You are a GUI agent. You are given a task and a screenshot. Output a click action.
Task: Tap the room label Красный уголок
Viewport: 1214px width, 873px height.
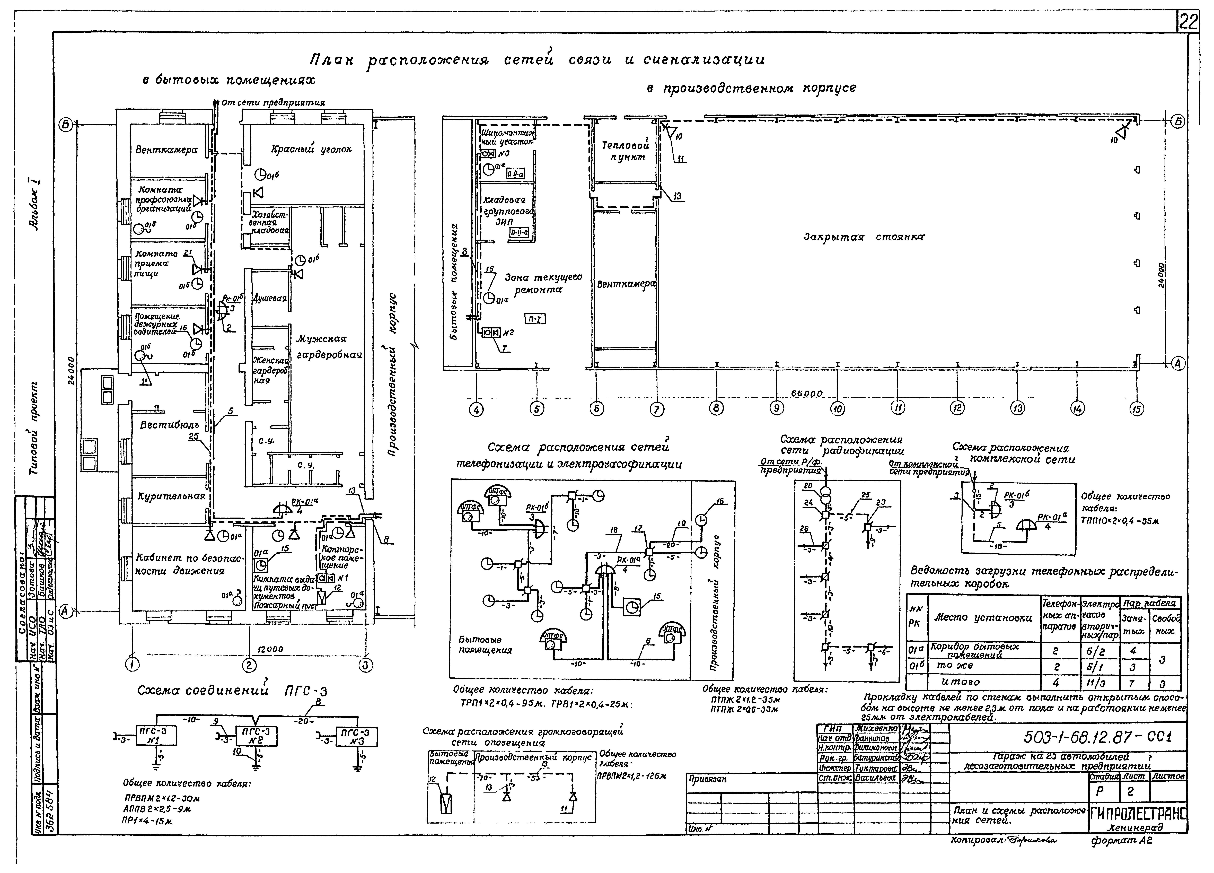(311, 150)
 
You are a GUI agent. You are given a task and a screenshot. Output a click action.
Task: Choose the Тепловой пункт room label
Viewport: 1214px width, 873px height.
(625, 151)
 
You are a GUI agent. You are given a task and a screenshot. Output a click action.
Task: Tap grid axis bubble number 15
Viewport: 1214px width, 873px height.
(1136, 409)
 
